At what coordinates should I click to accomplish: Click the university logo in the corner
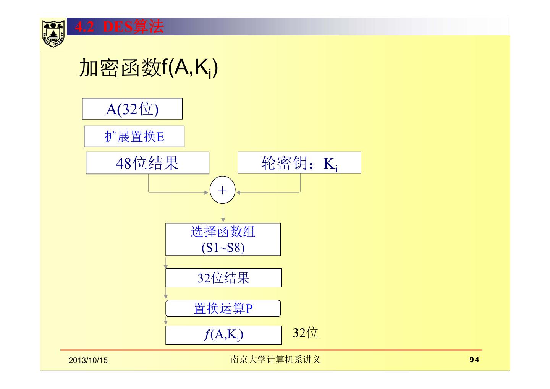point(53,33)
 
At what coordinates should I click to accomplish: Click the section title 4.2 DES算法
point(119,27)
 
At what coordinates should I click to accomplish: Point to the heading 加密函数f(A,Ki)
point(148,69)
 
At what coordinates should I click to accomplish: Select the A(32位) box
point(132,109)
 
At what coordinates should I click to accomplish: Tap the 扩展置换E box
point(134,136)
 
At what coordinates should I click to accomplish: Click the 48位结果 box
point(147,163)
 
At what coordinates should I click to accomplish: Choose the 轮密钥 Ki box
point(299,163)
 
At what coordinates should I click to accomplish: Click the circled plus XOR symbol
point(222,190)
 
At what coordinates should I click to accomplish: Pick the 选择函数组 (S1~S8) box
point(223,239)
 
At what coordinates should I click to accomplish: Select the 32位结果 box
point(223,278)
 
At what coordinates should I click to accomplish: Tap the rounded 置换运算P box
point(223,308)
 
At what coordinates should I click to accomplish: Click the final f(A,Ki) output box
point(223,335)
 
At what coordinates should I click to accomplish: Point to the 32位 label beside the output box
point(305,333)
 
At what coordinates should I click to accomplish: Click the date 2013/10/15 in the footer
point(88,360)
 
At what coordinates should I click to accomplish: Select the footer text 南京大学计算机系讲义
point(275,360)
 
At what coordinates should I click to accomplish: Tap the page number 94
point(474,360)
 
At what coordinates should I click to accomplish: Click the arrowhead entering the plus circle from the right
point(238,193)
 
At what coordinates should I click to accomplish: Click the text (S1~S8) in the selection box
point(223,248)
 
